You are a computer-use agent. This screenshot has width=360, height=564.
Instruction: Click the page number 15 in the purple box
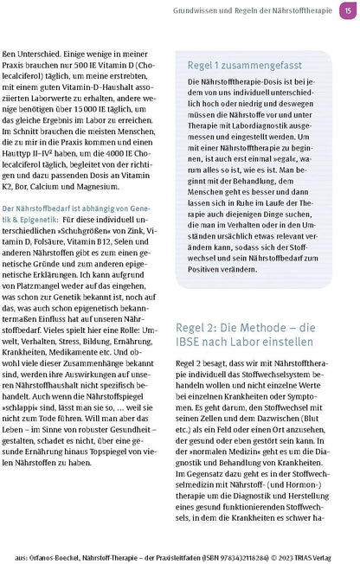coord(346,10)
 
